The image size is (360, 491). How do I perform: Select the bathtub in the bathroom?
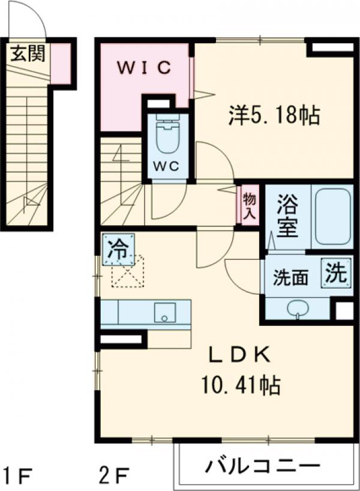point(331,217)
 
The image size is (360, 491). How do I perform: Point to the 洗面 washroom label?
point(291,277)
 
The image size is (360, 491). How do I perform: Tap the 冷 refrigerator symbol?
point(118,249)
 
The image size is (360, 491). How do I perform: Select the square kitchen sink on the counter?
point(164,313)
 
